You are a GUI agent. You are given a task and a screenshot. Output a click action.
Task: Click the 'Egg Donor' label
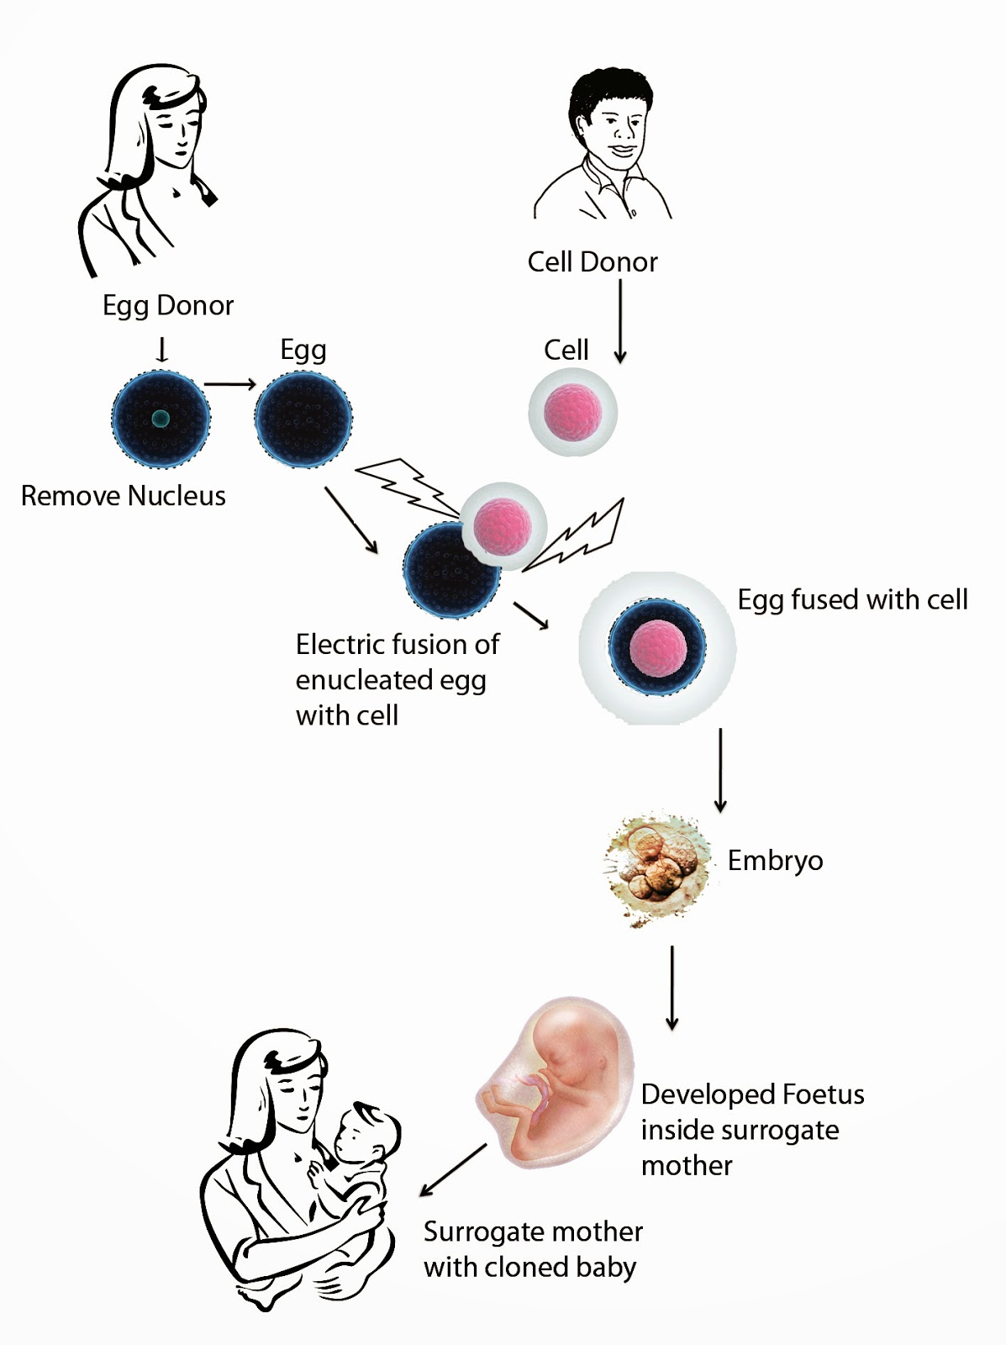tap(167, 305)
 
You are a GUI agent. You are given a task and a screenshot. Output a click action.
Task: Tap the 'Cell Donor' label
tap(593, 262)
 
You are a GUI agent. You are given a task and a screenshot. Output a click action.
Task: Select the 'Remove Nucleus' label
tap(123, 496)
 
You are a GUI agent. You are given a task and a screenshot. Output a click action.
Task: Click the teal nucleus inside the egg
tap(161, 418)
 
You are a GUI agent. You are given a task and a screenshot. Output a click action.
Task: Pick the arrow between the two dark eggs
tap(229, 385)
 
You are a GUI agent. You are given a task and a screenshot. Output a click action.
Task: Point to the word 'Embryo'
tap(775, 861)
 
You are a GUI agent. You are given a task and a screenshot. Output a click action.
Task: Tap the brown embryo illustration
tap(656, 868)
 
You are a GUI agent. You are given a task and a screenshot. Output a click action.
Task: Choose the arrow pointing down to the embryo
tap(720, 769)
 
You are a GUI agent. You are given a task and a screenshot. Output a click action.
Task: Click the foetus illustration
tap(555, 1084)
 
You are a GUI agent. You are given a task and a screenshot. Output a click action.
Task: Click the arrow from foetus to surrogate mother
tap(453, 1169)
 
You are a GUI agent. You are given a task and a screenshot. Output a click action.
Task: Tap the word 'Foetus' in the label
tap(823, 1094)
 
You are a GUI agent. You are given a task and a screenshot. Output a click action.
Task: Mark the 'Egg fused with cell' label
tap(852, 599)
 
